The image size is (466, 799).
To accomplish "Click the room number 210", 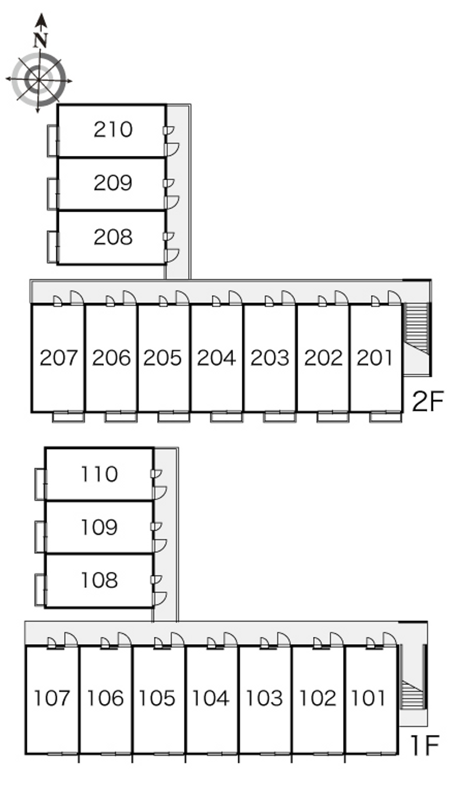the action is point(113,129).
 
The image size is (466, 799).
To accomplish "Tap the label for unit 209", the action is point(113,183).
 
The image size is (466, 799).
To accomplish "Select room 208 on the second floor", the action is point(113,237).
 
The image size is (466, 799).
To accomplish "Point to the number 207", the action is point(59,358).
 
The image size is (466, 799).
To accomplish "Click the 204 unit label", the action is point(216,358).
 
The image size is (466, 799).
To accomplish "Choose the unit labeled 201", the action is point(375,358).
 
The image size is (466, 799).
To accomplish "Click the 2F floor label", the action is point(428,401).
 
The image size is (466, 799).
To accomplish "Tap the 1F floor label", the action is point(425,745).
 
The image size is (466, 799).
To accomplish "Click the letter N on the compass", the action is point(41,40).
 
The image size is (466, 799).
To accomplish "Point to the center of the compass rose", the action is point(38,80).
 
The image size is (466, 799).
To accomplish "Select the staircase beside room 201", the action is point(416,329).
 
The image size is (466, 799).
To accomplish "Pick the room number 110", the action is point(99,474).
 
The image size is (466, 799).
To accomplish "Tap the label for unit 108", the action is point(99,580).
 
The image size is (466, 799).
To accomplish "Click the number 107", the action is point(51,698).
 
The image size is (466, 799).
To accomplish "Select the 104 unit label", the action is point(210,698).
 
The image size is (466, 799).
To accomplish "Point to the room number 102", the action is point(317,698).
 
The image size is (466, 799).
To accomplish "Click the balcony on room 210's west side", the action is point(52,141).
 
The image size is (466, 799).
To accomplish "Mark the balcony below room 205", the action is point(174,416).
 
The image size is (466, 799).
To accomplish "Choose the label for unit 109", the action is point(99,527).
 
